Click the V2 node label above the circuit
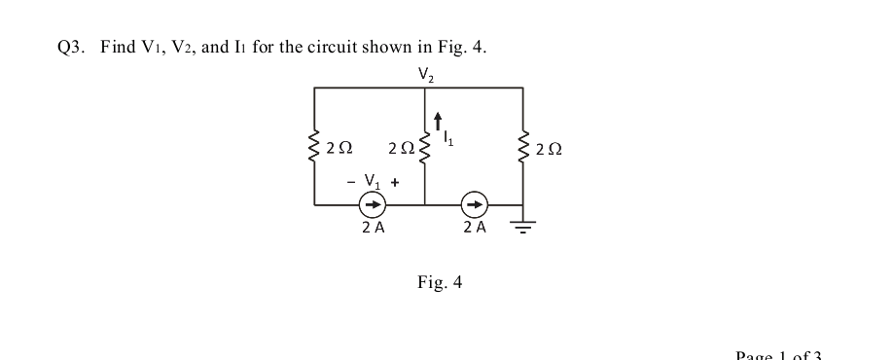(x=425, y=73)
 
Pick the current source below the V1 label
(x=372, y=205)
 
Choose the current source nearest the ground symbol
(x=474, y=205)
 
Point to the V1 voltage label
(x=371, y=181)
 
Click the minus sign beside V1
(x=351, y=181)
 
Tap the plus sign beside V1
(x=394, y=182)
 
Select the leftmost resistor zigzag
(x=314, y=147)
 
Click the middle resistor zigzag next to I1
(x=425, y=147)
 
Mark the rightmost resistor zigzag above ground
(x=523, y=147)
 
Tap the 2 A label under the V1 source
(x=372, y=229)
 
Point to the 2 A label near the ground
(x=474, y=229)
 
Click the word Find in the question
(x=118, y=49)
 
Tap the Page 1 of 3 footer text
(x=779, y=354)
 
